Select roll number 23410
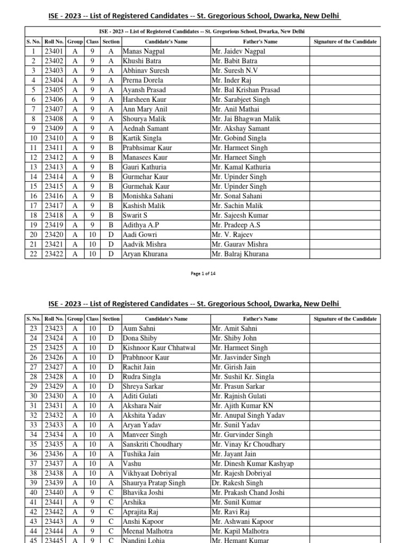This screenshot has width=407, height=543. click(54, 138)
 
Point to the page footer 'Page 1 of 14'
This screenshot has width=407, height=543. click(203, 274)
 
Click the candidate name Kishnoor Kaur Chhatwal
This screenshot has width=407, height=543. click(159, 348)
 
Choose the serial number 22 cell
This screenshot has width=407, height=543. click(33, 254)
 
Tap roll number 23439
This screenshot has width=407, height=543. click(54, 483)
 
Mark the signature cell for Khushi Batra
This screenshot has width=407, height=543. click(345, 61)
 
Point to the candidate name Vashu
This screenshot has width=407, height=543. click(132, 463)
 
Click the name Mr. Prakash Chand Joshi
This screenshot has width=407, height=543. click(248, 493)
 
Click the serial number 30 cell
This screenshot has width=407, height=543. click(33, 396)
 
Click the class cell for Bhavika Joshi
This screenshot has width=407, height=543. click(93, 493)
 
